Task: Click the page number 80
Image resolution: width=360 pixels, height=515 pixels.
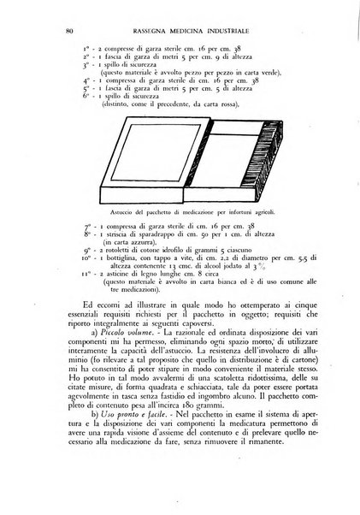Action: [x=68, y=32]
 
